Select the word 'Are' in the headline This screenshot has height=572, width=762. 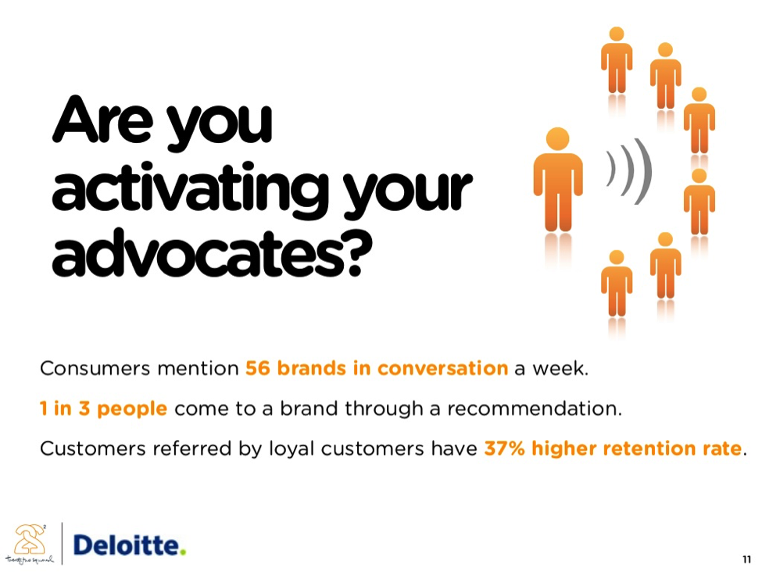tap(102, 120)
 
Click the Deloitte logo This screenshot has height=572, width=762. tap(129, 545)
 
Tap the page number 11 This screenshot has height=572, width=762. tap(746, 559)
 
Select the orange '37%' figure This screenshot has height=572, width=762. tap(504, 448)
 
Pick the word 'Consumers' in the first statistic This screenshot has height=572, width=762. tap(95, 368)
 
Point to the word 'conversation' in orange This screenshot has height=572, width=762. tap(442, 368)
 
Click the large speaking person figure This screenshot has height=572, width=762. tap(558, 180)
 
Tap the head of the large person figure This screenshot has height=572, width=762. tap(558, 139)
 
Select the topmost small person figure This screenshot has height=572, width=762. tap(617, 59)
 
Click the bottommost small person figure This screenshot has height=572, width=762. tap(617, 284)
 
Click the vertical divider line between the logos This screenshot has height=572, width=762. tap(63, 543)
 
